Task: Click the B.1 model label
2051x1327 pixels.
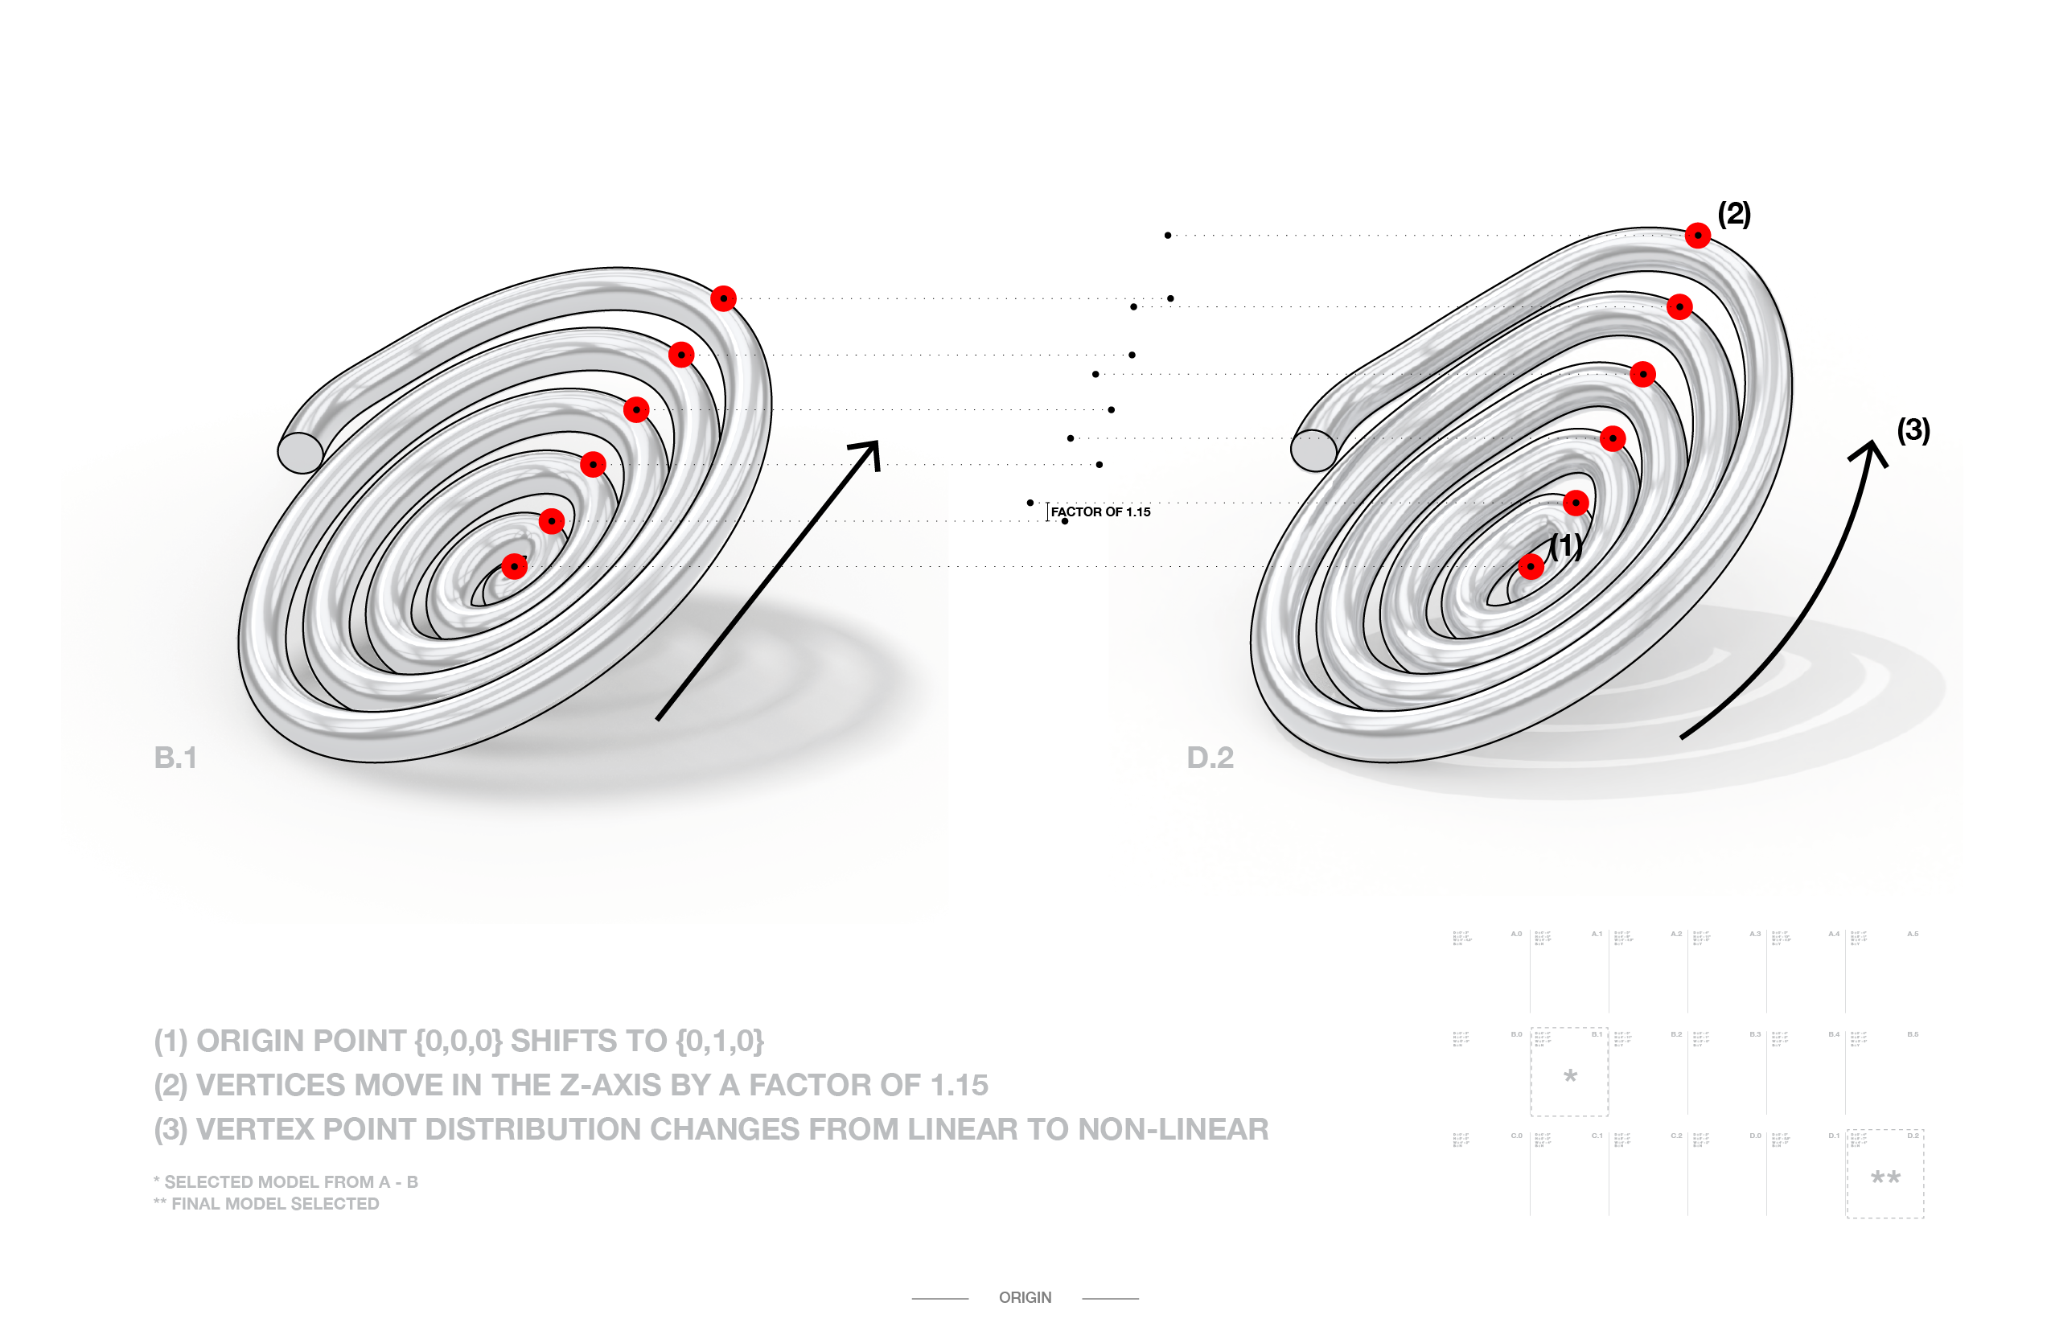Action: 176,758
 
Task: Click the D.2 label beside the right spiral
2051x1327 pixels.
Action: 1210,758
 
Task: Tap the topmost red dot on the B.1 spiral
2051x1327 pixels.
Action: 723,298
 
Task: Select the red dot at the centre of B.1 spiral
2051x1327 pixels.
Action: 515,566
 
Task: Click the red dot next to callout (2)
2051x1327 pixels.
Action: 1697,235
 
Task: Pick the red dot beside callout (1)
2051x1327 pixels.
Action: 1531,566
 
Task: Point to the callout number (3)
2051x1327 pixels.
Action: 1913,429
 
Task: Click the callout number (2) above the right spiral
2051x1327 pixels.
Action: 1734,213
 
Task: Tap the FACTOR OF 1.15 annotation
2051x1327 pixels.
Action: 1100,511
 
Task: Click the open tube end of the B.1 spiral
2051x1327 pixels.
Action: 300,451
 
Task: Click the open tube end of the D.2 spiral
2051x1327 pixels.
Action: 1313,450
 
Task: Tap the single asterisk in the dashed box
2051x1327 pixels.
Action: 1570,1076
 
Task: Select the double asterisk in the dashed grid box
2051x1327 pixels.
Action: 1885,1178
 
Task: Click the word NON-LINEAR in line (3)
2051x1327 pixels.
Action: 1173,1130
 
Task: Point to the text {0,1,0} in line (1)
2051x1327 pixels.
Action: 720,1041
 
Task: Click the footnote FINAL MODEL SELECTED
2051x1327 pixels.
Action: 275,1204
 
